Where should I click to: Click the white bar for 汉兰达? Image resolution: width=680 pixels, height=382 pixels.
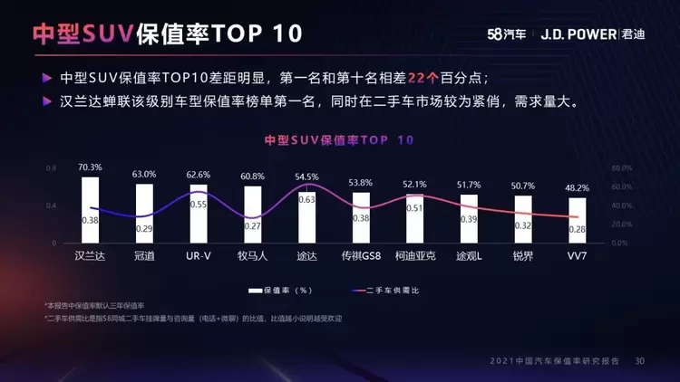90,209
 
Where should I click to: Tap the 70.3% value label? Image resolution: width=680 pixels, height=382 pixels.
90,167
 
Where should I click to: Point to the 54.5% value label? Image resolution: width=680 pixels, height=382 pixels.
306,177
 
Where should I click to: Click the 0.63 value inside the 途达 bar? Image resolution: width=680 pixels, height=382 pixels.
306,199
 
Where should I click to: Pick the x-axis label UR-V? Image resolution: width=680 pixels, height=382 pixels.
199,256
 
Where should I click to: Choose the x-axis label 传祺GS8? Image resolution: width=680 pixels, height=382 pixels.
361,256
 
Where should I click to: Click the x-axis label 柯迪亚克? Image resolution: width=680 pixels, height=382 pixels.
415,256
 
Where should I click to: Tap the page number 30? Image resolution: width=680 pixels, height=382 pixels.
640,361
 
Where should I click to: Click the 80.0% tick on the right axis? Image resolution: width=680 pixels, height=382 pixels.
620,168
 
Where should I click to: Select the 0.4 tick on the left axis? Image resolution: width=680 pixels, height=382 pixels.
51,205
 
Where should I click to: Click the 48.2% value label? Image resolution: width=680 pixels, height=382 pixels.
577,188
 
